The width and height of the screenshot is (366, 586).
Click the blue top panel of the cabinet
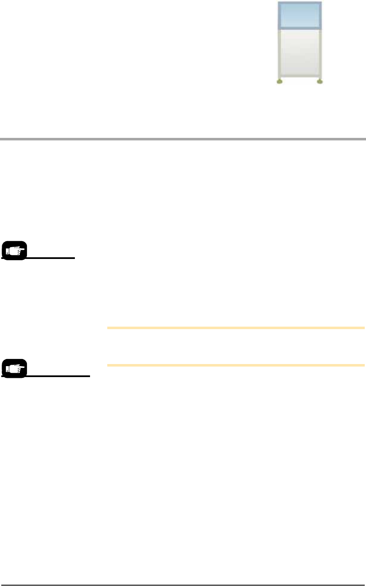[300, 15]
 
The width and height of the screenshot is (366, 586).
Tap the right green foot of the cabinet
[320, 82]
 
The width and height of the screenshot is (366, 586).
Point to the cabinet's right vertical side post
[321, 53]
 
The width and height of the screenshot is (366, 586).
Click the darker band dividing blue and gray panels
[300, 29]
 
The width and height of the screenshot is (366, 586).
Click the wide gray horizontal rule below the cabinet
[183, 139]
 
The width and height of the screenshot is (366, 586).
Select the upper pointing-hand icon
[14, 251]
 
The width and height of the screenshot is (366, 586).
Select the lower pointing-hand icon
[14, 369]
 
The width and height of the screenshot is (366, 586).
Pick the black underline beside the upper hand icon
[50, 258]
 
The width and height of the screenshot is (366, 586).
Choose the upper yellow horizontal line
[236, 327]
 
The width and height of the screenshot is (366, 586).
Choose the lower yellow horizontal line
[236, 365]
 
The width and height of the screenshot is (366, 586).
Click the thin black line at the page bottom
[183, 584]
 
